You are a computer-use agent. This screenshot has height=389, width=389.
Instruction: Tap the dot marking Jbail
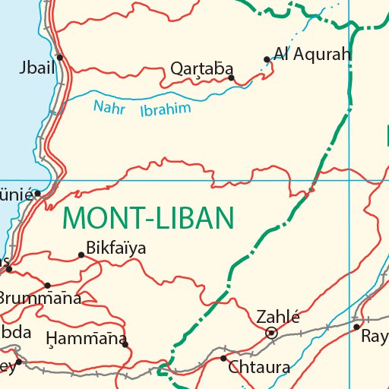(59, 57)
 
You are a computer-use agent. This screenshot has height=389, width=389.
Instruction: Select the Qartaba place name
(202, 68)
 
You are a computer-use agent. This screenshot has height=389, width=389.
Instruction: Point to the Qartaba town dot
(231, 77)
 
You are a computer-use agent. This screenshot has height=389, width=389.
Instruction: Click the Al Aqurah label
(312, 54)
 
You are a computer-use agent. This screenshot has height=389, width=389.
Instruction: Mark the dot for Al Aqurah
(266, 59)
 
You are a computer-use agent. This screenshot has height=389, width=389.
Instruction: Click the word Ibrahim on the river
(165, 109)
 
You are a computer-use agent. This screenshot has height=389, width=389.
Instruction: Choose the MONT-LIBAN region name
(147, 219)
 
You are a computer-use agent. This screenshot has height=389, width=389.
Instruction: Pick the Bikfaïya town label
(116, 248)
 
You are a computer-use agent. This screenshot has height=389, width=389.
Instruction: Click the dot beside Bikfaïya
(81, 255)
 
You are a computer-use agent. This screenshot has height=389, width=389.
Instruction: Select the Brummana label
(40, 298)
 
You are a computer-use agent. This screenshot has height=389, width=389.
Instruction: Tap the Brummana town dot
(47, 286)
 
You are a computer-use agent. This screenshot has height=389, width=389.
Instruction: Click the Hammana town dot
(125, 344)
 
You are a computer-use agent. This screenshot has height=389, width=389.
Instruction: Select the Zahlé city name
(278, 318)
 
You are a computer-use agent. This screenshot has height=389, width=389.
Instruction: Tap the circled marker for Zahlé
(271, 333)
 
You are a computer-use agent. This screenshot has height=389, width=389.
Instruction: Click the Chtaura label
(259, 368)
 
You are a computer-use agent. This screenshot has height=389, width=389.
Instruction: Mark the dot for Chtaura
(223, 358)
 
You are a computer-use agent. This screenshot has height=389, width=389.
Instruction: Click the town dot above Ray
(356, 327)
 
